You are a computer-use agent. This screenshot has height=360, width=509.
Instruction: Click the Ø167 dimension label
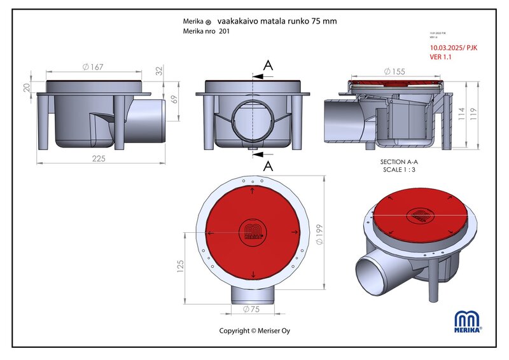click(x=94, y=67)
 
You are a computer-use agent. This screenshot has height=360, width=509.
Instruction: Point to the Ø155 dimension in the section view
click(x=395, y=72)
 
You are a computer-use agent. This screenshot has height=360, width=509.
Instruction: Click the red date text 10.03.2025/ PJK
click(x=453, y=47)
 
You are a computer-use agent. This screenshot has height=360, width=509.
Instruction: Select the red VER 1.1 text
click(x=442, y=57)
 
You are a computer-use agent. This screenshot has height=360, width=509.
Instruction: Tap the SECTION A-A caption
click(x=399, y=162)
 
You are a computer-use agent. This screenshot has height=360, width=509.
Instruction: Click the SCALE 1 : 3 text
click(x=399, y=170)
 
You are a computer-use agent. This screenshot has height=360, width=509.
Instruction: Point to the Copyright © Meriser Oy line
click(x=254, y=331)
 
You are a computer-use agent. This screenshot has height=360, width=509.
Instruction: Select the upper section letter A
click(x=268, y=65)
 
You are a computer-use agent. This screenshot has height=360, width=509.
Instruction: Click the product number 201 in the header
click(x=224, y=31)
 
